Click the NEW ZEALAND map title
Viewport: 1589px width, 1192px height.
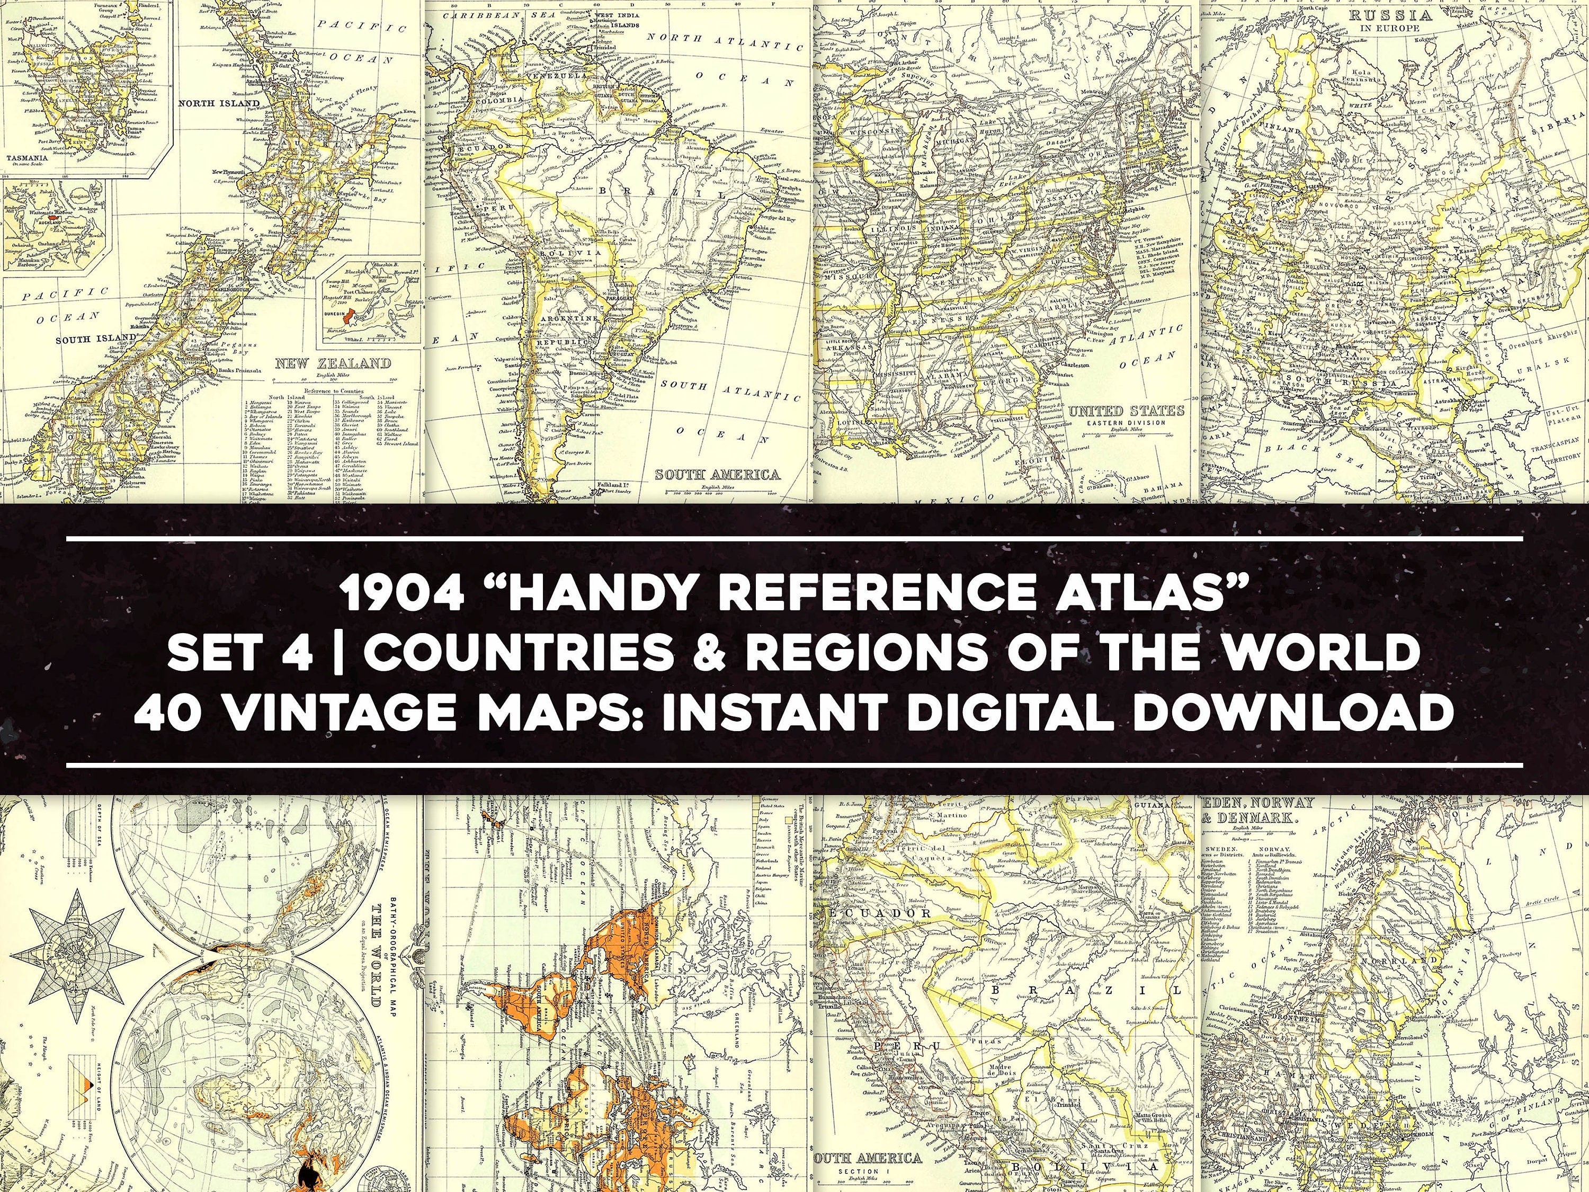[333, 363]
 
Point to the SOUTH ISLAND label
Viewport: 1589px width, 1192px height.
[96, 337]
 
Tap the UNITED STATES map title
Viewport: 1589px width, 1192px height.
[1126, 411]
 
